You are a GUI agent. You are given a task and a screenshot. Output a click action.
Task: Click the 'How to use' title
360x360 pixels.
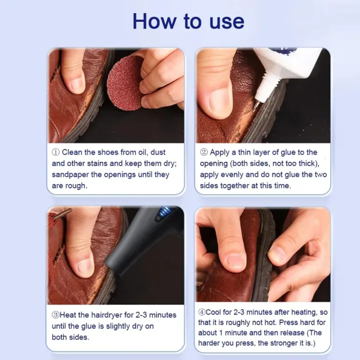(188, 21)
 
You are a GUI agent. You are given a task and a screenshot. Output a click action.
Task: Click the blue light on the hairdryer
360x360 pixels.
(161, 215)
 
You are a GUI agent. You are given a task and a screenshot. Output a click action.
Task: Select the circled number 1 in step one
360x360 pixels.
(55, 152)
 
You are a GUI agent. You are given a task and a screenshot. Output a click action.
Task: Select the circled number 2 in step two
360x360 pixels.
(203, 152)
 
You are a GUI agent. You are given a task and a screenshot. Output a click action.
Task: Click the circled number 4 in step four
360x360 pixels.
(201, 312)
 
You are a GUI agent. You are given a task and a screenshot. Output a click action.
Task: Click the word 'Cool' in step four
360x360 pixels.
(215, 312)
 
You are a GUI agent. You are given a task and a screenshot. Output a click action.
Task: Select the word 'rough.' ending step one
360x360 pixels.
(75, 185)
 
